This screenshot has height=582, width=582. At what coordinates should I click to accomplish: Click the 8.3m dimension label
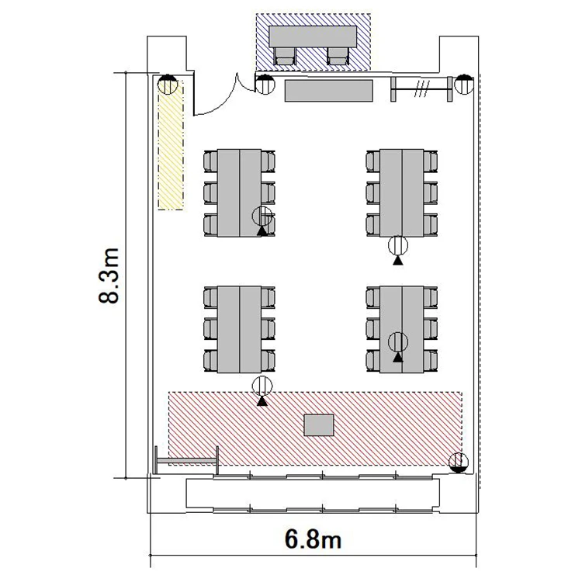pyautogui.click(x=109, y=275)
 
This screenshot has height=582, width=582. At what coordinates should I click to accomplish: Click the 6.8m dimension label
pyautogui.click(x=313, y=539)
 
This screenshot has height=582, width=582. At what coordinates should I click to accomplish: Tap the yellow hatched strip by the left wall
pyautogui.click(x=171, y=145)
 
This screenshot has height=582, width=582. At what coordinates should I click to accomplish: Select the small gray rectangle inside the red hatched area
pyautogui.click(x=319, y=425)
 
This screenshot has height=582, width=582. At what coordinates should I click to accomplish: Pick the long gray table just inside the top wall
pyautogui.click(x=328, y=91)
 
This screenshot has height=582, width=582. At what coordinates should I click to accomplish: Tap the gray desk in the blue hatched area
pyautogui.click(x=313, y=36)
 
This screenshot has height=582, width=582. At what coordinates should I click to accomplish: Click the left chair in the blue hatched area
pyautogui.click(x=285, y=56)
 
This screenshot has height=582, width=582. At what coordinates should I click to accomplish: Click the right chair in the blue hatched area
pyautogui.click(x=338, y=56)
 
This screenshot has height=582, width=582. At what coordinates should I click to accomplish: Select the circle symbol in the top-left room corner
pyautogui.click(x=168, y=85)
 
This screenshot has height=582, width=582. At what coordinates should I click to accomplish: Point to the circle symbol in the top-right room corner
pyautogui.click(x=464, y=85)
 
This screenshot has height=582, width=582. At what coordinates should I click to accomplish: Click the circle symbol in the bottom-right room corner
pyautogui.click(x=459, y=462)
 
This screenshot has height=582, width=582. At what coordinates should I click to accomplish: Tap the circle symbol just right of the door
pyautogui.click(x=265, y=85)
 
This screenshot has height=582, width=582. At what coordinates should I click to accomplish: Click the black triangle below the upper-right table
pyautogui.click(x=398, y=261)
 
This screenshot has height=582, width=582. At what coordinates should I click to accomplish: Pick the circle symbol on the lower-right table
pyautogui.click(x=398, y=342)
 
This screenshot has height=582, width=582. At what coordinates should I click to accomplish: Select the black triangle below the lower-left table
pyautogui.click(x=262, y=401)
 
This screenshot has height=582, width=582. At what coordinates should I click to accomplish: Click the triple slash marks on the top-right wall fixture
pyautogui.click(x=422, y=89)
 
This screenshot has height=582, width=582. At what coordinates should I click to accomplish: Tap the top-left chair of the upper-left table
pyautogui.click(x=210, y=161)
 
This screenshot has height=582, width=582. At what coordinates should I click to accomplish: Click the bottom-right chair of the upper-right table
pyautogui.click(x=431, y=225)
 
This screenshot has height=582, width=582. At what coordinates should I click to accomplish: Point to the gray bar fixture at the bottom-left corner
pyautogui.click(x=186, y=461)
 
